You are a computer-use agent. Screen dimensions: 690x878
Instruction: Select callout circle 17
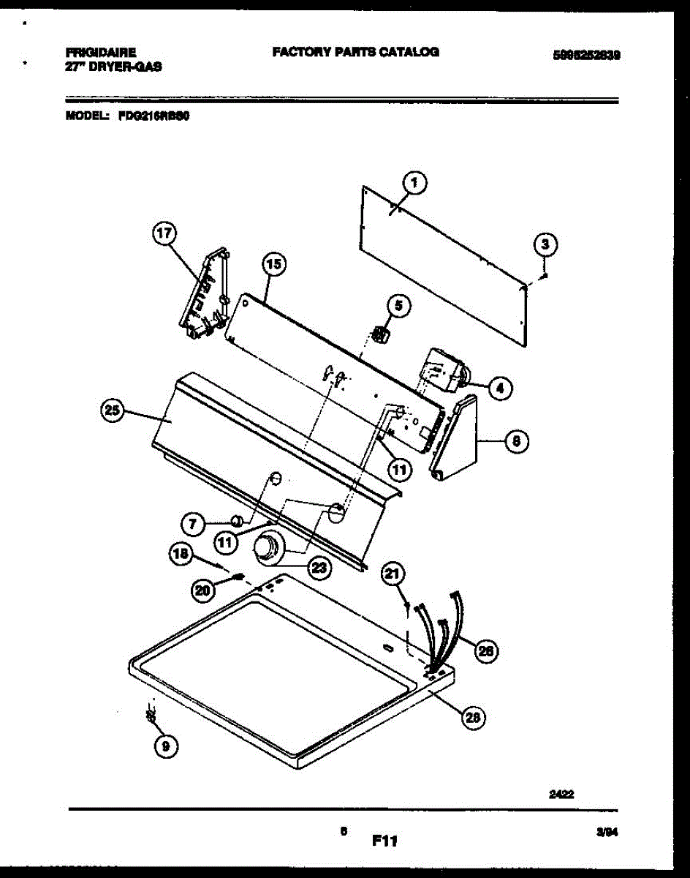[164, 234]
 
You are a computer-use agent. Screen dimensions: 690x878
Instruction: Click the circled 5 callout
[398, 306]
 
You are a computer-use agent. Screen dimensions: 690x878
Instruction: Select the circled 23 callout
[319, 567]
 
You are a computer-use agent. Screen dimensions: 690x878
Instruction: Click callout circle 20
[203, 590]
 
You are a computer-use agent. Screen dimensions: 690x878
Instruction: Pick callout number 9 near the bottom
[165, 746]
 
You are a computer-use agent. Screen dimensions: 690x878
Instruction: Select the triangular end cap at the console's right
[458, 440]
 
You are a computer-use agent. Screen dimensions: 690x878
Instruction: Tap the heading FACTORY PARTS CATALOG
[355, 52]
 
